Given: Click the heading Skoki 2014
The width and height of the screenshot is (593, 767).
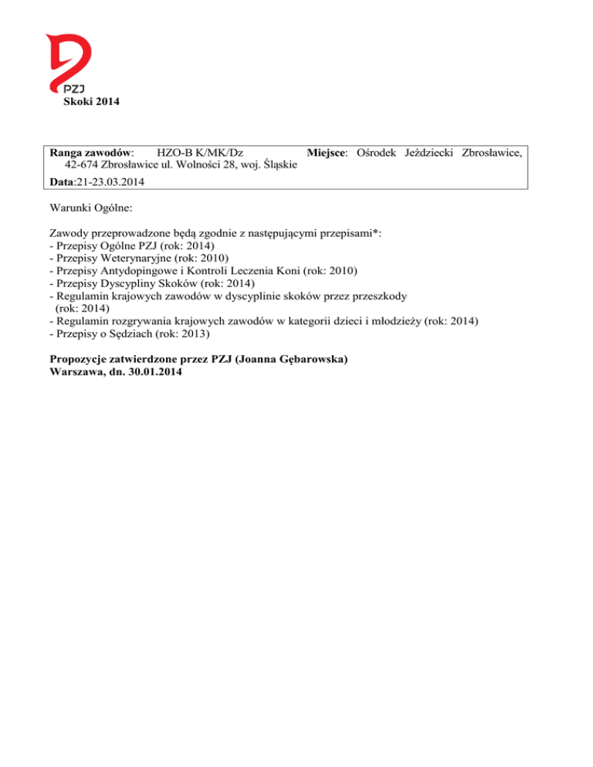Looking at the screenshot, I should (x=90, y=103).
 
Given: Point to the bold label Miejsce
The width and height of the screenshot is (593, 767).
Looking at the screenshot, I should (x=324, y=153).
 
